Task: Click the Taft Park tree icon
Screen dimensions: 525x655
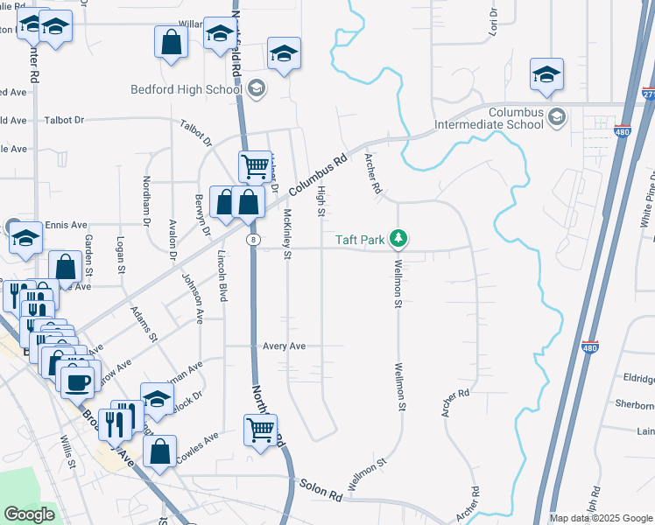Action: (398, 238)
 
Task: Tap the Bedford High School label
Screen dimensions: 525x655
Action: (187, 89)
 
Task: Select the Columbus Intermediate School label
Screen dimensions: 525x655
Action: (516, 118)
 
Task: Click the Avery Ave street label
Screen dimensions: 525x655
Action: (285, 346)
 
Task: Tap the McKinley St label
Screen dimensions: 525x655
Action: (286, 234)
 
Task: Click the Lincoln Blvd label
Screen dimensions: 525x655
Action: (222, 276)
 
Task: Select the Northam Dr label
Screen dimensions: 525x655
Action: (146, 199)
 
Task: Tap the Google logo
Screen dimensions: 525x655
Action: (29, 514)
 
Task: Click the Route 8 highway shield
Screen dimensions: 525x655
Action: (253, 238)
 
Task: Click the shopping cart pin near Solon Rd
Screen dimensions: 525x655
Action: (260, 430)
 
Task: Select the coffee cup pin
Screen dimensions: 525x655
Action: (78, 381)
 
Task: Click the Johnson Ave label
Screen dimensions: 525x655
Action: (192, 297)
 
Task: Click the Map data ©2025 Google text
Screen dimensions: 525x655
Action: (600, 518)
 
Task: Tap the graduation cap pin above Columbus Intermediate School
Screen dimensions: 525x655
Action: (546, 75)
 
